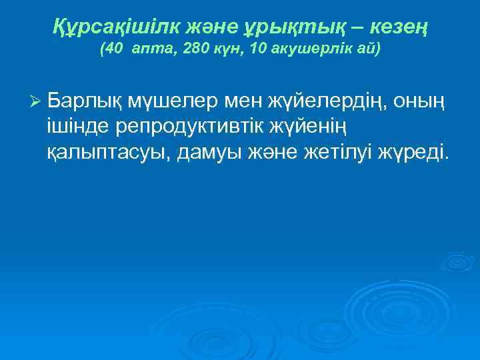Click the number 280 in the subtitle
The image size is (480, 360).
click(198, 50)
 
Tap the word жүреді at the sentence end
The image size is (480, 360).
click(413, 154)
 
